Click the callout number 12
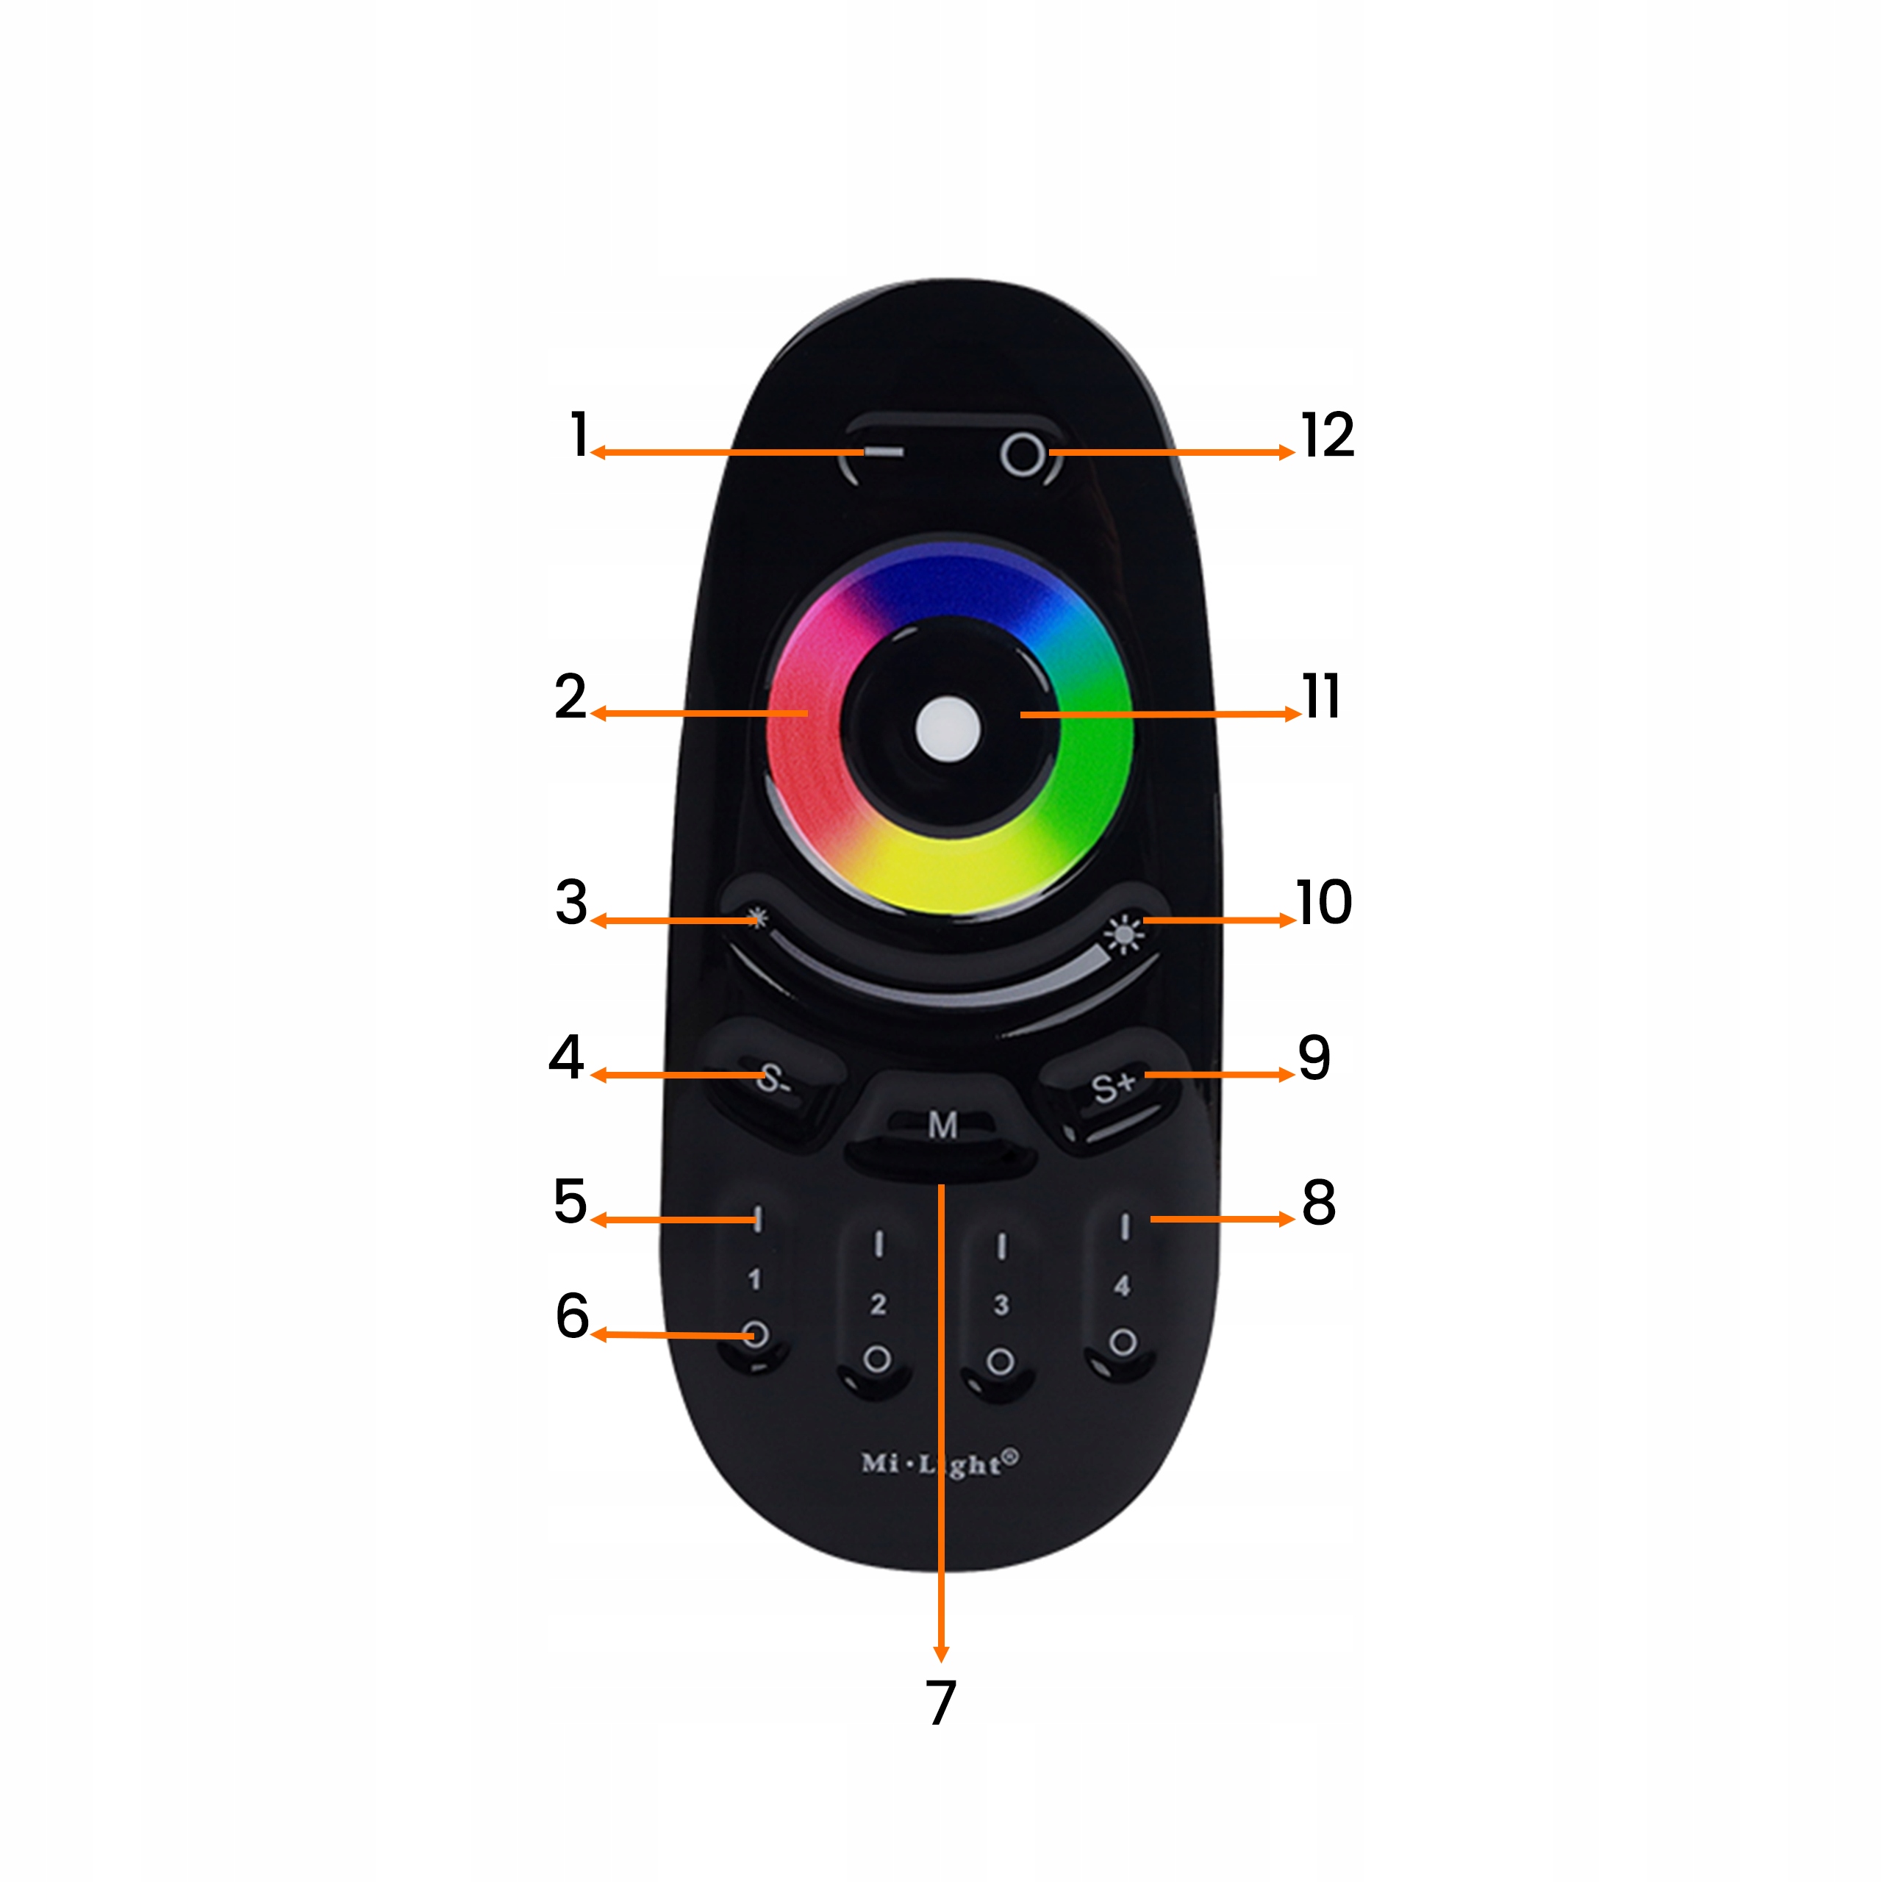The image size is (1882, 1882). (x=1327, y=434)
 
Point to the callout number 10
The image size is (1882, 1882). (x=1323, y=902)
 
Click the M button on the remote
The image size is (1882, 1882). (x=942, y=1125)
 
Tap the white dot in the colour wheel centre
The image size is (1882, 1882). (x=947, y=729)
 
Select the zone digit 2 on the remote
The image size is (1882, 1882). (x=878, y=1304)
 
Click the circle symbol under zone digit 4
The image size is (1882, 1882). (x=1122, y=1342)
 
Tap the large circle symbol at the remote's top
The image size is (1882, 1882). (x=1022, y=455)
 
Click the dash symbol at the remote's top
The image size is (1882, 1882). (x=884, y=452)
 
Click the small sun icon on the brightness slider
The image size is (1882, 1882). (x=757, y=917)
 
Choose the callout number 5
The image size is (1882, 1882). (x=570, y=1201)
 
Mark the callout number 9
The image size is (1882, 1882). (x=1314, y=1058)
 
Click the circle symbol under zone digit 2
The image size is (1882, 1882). (x=877, y=1359)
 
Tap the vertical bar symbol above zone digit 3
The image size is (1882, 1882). (x=1001, y=1246)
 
